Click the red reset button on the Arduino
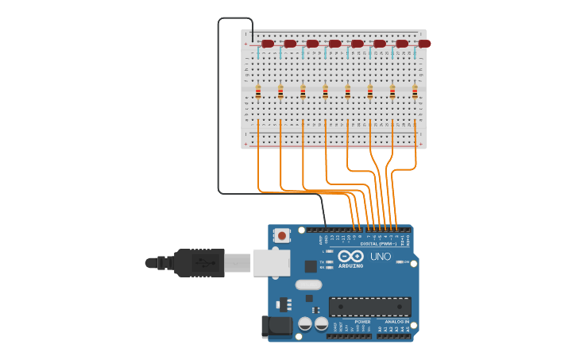[x=282, y=236]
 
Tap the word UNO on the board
[x=381, y=257]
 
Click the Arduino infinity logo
[x=350, y=256]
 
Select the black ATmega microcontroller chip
[x=370, y=306]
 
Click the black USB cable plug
[x=199, y=262]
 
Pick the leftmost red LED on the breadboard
[x=268, y=44]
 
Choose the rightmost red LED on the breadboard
[x=424, y=44]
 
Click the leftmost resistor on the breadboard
[x=258, y=92]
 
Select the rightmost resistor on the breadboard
[x=415, y=92]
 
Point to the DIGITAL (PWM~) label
[x=378, y=243]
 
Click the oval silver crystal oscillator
[x=308, y=285]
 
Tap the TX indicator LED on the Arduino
[x=330, y=261]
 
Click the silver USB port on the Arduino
[x=271, y=262]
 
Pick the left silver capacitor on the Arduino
[x=305, y=324]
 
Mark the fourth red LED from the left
[x=334, y=44]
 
